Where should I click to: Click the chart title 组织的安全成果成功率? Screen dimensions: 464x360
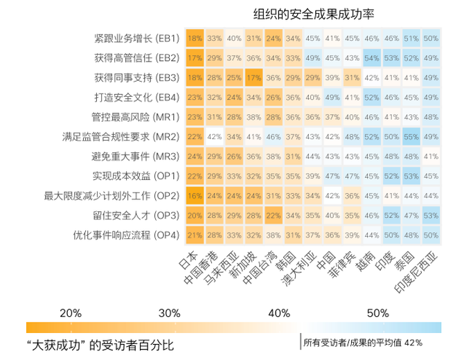tap(314, 14)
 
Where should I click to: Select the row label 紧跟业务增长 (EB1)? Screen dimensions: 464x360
tap(137, 39)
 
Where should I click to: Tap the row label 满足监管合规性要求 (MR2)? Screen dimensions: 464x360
tap(121, 137)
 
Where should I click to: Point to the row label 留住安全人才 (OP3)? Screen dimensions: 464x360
tap(136, 215)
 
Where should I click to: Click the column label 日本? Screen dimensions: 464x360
tap(188, 260)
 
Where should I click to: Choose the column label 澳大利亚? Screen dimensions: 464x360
tap(299, 269)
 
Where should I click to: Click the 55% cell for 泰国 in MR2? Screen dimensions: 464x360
tap(411, 137)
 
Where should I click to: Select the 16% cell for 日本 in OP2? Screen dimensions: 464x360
tap(195, 196)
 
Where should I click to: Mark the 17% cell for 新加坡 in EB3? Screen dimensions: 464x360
tap(254, 78)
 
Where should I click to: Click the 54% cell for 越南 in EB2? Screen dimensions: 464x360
tap(372, 58)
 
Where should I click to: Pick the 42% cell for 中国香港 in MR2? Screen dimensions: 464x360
tap(215, 137)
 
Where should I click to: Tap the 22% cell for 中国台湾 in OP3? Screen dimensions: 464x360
tap(274, 215)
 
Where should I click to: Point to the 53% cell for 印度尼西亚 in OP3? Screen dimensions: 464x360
tap(431, 215)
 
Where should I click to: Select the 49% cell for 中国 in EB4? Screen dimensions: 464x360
tap(332, 98)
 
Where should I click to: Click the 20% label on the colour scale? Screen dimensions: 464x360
tap(71, 313)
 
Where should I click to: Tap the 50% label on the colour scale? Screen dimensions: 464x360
tap(378, 313)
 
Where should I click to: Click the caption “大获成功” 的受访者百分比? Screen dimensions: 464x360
tap(100, 345)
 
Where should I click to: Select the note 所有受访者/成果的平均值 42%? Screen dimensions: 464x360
tap(363, 343)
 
